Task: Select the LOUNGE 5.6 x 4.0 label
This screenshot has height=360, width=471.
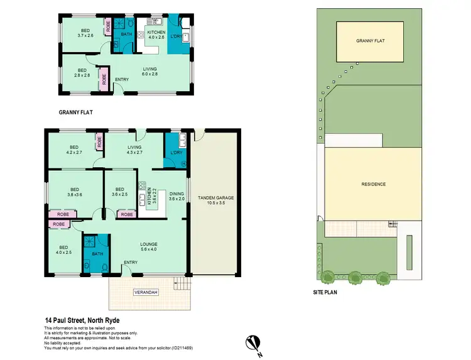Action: point(149,246)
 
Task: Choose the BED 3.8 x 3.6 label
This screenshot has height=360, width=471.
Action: point(75,192)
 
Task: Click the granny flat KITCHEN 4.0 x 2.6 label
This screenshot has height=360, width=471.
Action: point(156,34)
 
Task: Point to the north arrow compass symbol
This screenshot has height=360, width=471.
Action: point(252,342)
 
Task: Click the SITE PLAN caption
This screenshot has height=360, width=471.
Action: point(327,293)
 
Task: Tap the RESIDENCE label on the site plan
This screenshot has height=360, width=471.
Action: point(373,184)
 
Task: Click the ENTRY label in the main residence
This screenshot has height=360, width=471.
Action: point(131,263)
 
